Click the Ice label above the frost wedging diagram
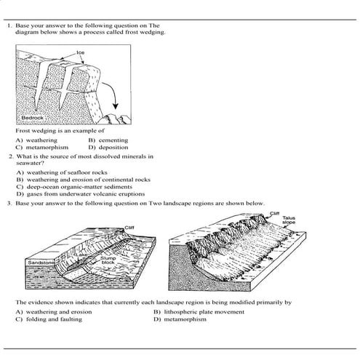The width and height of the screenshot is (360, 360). tap(80, 52)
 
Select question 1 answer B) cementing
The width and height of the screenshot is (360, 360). tap(108, 140)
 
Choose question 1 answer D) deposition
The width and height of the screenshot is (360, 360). tap(108, 146)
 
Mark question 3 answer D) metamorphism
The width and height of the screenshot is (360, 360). tap(182, 319)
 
